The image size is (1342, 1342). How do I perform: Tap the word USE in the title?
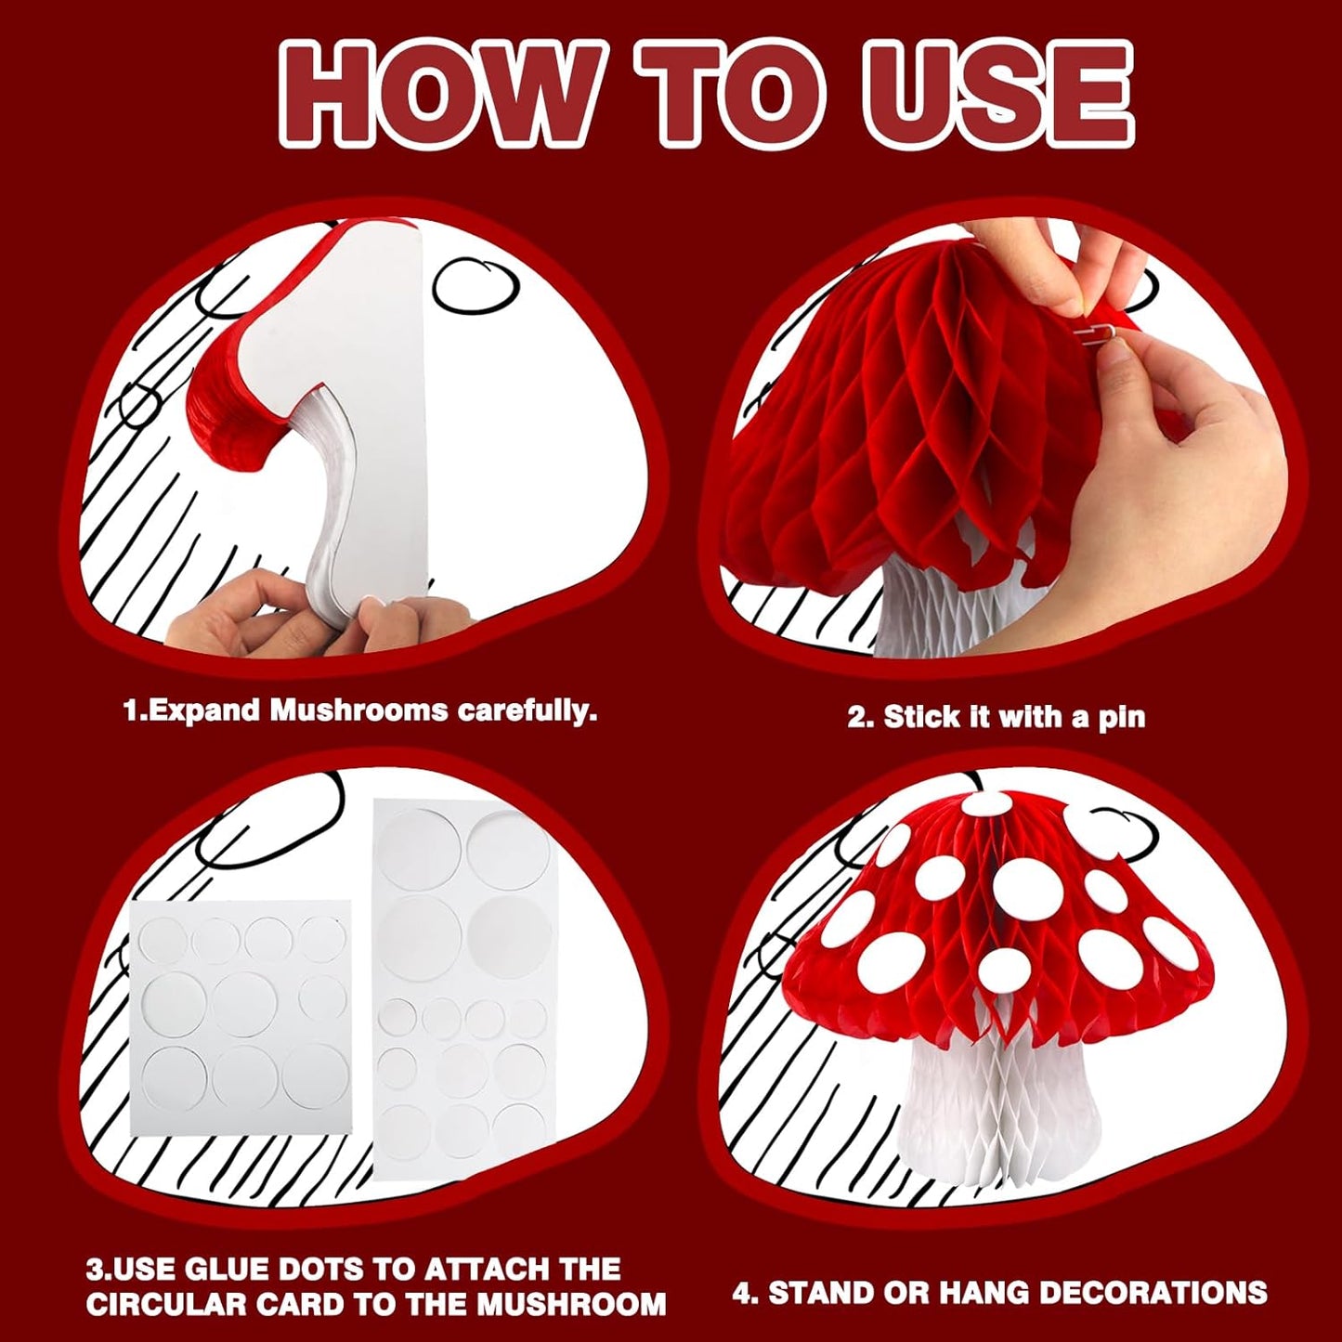pos(998,93)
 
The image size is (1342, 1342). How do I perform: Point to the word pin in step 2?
pos(1122,718)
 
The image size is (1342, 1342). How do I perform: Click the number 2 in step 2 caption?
pos(856,717)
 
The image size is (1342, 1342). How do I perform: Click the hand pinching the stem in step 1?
pos(241,613)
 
